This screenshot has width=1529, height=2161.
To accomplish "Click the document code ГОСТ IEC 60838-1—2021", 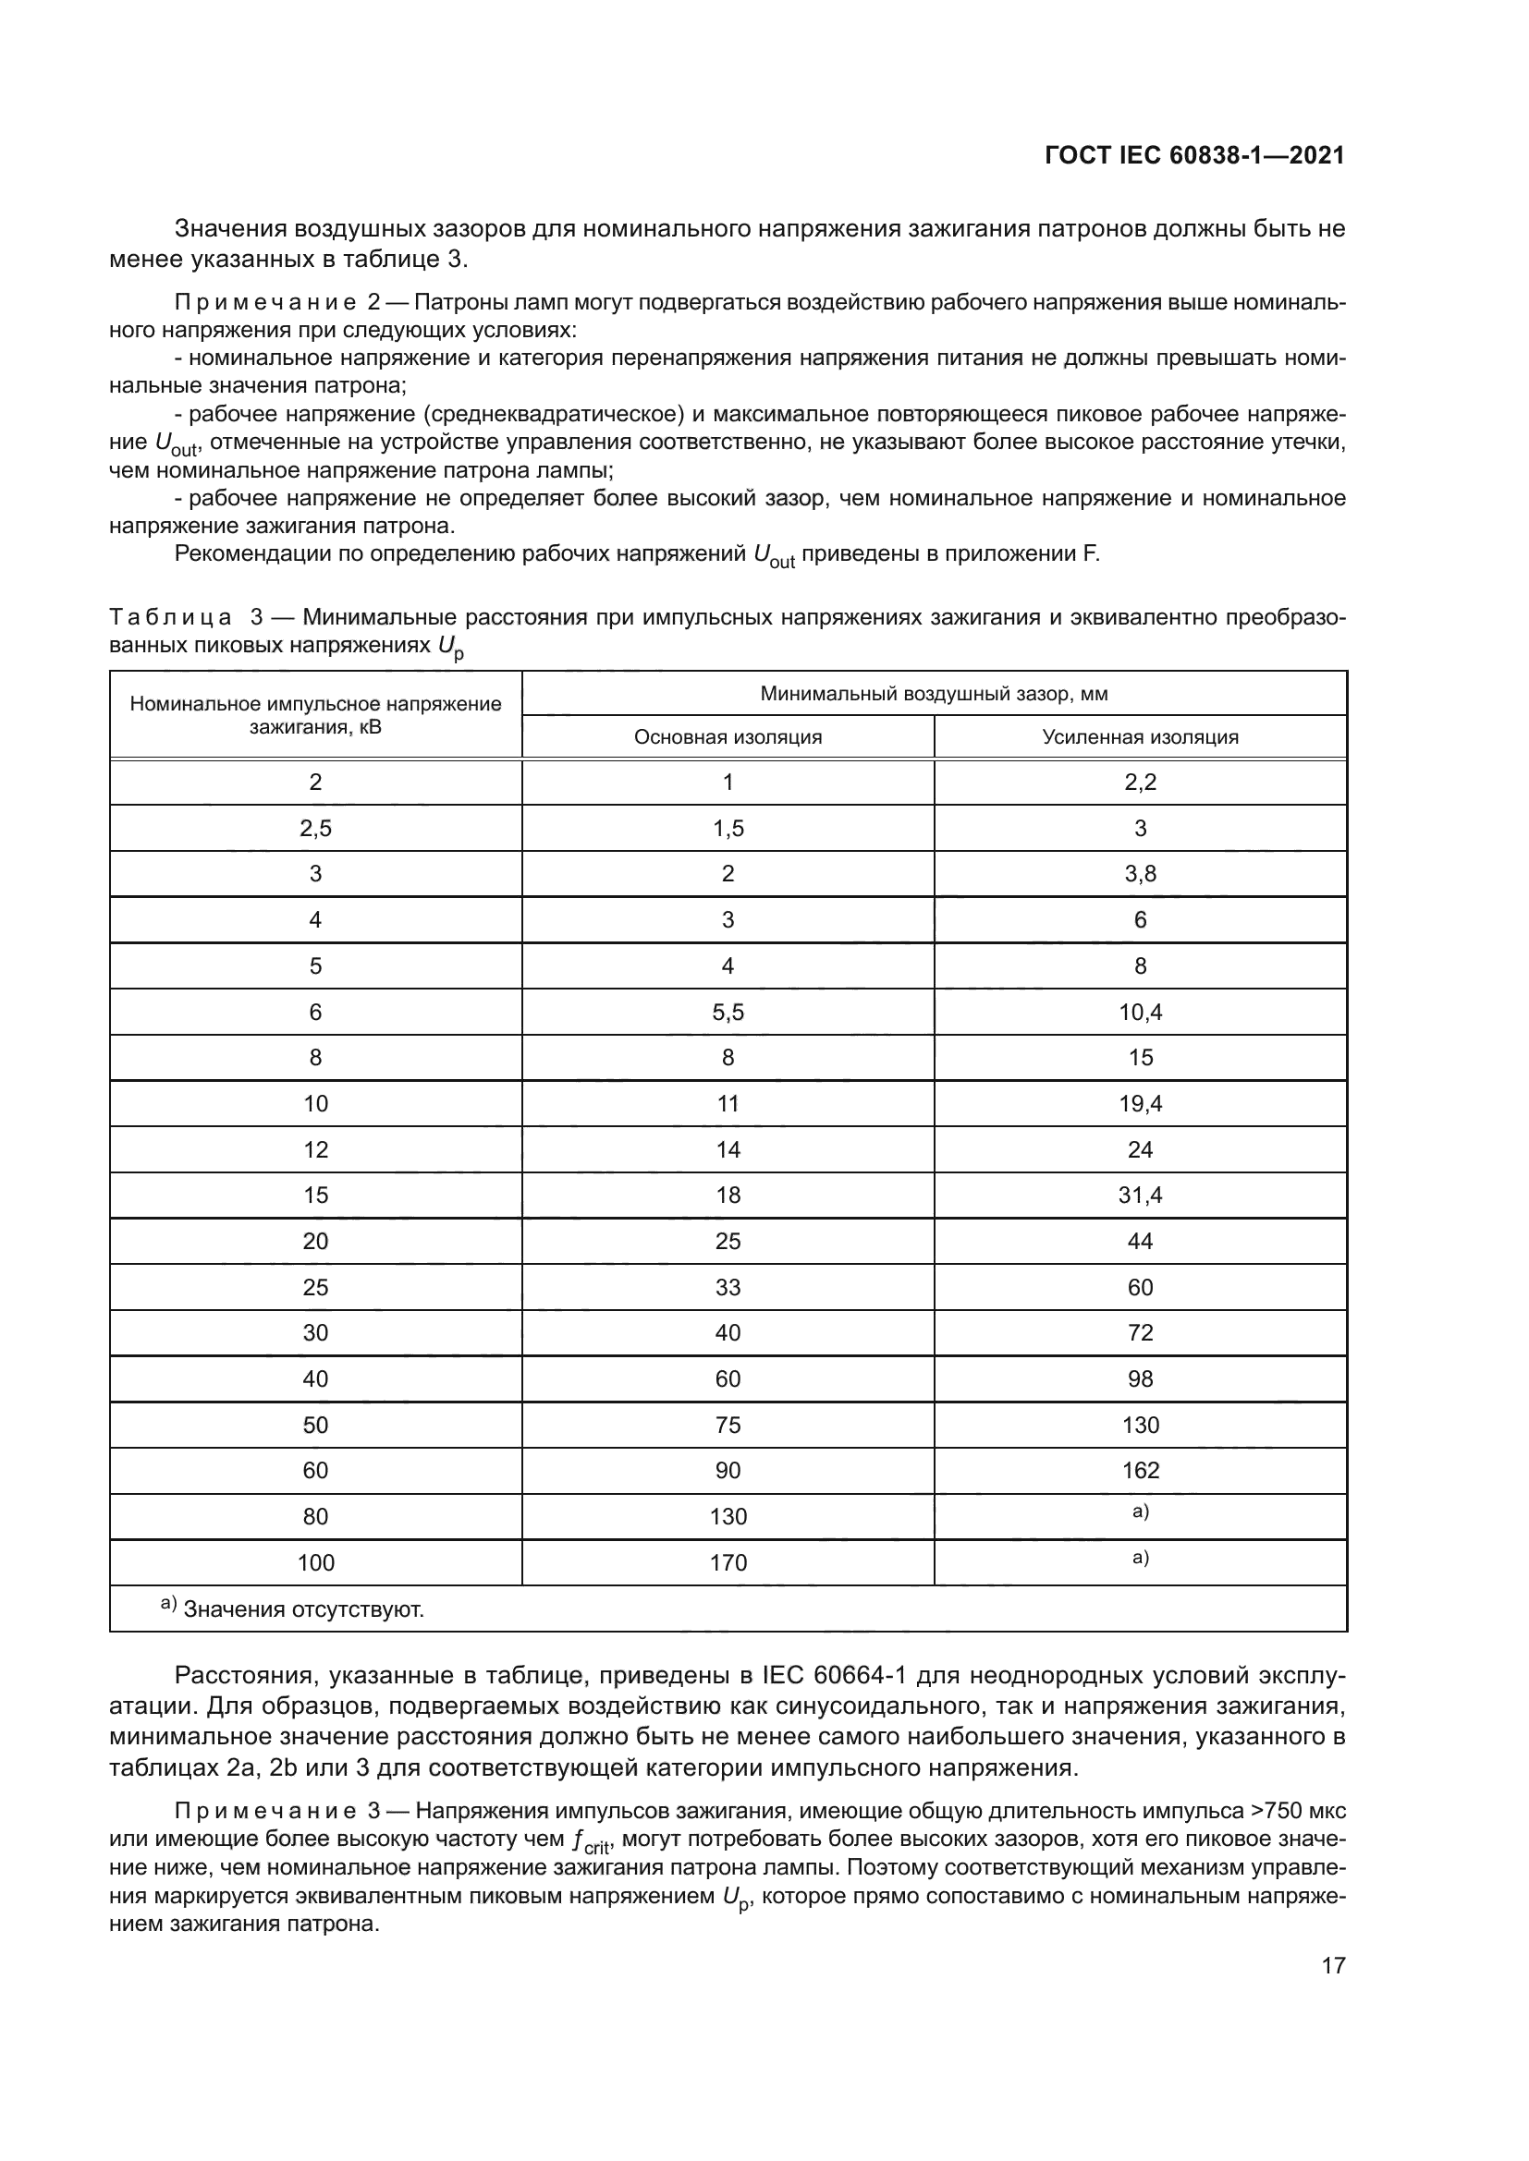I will coord(1194,155).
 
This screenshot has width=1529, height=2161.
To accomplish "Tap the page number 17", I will coord(1333,1965).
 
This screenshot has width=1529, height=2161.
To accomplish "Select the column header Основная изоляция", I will coord(728,737).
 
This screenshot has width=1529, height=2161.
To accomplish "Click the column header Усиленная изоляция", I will coord(1140,737).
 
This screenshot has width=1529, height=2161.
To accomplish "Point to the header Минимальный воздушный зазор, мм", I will coord(934,694).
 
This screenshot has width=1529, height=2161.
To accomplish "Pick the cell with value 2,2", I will coord(1140,783).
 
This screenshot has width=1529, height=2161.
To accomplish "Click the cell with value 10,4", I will coord(1140,1012).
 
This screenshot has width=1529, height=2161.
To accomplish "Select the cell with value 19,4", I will coord(1140,1103).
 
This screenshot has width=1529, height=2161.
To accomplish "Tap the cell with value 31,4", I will coord(1140,1195).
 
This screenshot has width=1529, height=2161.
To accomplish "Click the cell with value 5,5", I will coord(728,1012).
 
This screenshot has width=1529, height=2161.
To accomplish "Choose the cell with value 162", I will coord(1140,1470).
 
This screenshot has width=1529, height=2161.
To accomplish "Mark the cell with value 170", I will coord(728,1562).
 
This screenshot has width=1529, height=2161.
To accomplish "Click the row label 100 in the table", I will coord(315,1562).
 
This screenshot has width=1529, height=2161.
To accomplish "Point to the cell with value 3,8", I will coord(1140,873).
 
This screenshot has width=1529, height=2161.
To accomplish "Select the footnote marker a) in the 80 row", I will coord(1140,1511).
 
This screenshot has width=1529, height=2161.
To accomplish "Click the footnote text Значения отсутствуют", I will coord(303,1609).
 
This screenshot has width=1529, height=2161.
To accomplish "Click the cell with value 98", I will coord(1140,1378).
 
